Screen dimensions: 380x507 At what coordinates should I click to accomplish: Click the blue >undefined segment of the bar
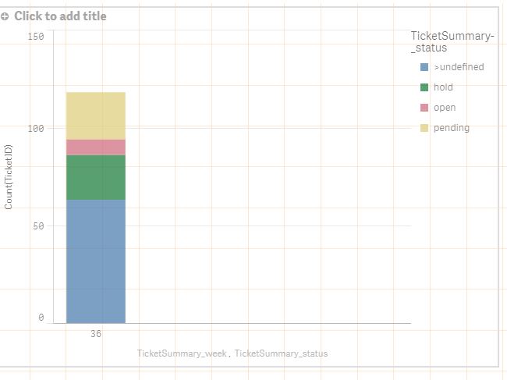coord(95,261)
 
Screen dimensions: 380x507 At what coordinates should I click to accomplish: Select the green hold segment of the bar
coord(95,177)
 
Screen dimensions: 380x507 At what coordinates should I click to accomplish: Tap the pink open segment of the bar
coord(95,147)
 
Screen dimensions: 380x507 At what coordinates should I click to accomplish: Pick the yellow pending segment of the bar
coord(95,115)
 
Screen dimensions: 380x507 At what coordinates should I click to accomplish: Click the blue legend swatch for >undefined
coord(424,67)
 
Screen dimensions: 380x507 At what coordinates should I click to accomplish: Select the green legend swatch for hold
coord(424,87)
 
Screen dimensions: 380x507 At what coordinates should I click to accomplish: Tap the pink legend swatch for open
coord(424,108)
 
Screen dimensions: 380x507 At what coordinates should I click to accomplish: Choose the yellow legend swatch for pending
coord(424,128)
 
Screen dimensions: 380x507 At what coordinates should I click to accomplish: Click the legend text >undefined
coord(459,67)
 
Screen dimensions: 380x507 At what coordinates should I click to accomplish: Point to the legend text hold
coord(443,87)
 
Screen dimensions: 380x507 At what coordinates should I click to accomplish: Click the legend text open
coord(445,108)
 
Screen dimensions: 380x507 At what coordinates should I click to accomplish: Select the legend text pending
coord(452,128)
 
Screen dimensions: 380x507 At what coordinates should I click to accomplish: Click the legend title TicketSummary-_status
coord(452,42)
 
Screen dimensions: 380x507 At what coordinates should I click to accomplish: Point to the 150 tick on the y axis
coord(35,36)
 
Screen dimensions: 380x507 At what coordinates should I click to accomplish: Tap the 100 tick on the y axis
coord(35,127)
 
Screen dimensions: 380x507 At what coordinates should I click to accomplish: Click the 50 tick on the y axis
coord(37,226)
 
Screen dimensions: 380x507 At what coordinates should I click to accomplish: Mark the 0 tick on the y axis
coord(41,318)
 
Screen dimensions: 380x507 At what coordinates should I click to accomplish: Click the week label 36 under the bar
coord(95,334)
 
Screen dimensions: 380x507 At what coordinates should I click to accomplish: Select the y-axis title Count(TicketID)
coord(9,176)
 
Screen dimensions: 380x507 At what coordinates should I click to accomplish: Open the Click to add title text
coord(60,16)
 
